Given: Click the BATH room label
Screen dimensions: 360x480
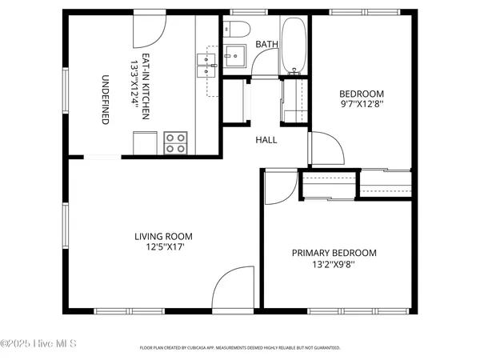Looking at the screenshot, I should click(266, 45).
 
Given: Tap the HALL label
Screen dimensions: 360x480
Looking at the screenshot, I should click(266, 140).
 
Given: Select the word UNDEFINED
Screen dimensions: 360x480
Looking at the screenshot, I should click(105, 99).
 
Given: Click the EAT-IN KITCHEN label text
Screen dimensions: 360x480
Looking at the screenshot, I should click(146, 87).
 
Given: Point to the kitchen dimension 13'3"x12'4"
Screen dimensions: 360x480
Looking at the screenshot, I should click(134, 87).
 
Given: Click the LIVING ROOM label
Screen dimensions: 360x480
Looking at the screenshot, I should click(163, 236).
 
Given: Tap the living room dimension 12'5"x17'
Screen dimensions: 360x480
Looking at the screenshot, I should click(163, 247).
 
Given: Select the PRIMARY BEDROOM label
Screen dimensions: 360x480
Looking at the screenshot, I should click(334, 253).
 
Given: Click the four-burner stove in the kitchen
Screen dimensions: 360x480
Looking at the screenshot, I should click(175, 142).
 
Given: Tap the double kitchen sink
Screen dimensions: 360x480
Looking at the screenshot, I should click(207, 66).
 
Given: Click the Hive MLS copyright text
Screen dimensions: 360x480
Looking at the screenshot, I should click(38, 344).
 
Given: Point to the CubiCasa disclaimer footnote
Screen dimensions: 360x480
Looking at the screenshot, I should click(240, 348).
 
